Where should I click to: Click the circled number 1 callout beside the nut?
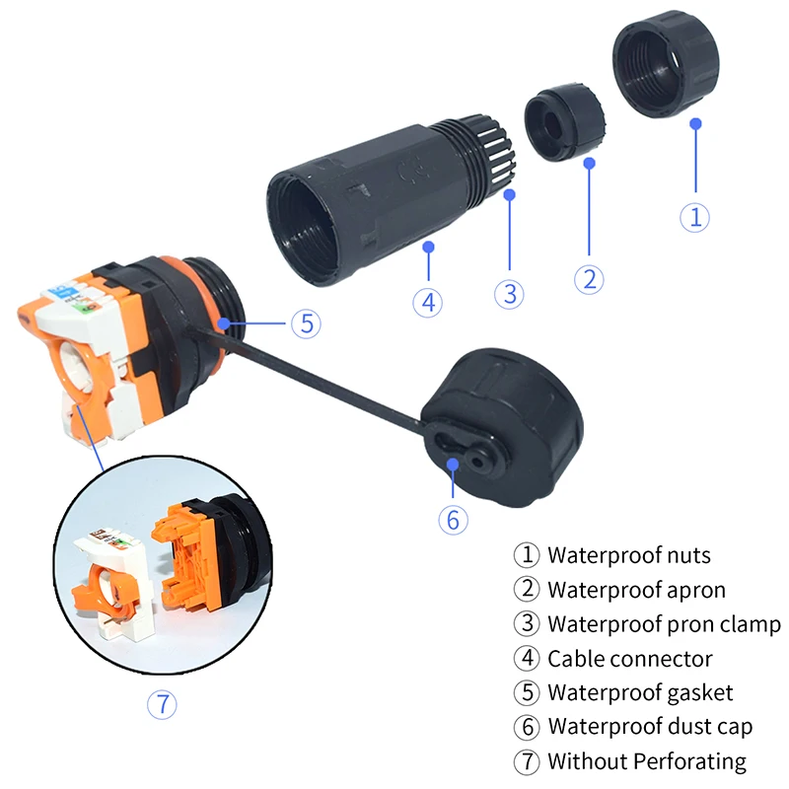pos(695,217)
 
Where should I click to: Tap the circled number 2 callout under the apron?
pos(589,279)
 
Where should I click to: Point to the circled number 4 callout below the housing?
pos(428,300)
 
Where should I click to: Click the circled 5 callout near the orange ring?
pos(306,323)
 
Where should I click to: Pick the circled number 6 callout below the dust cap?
pos(453,519)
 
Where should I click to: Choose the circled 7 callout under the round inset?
pos(162,704)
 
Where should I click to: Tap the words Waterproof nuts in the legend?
pos(629,556)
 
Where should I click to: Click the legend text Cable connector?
pos(630,659)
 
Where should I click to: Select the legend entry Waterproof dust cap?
pos(650,727)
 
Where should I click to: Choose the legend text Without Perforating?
pos(647,761)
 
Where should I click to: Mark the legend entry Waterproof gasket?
pos(640,693)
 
